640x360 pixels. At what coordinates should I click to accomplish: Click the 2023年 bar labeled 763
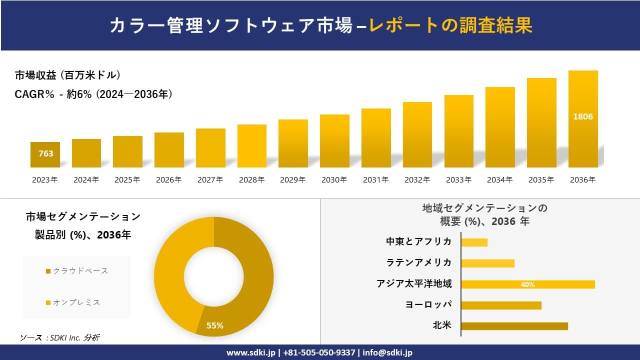point(45,154)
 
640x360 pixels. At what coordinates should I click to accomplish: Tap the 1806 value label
point(583,116)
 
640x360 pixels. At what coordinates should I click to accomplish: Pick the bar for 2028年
point(252,146)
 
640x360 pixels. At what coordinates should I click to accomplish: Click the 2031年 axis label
point(375,180)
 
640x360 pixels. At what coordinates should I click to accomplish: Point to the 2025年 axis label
point(127,180)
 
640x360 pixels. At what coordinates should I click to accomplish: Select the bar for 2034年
point(500,127)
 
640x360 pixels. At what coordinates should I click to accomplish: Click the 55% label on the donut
point(215,325)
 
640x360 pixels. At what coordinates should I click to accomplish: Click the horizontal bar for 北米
point(514,326)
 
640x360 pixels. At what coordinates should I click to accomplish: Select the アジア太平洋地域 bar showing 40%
point(527,284)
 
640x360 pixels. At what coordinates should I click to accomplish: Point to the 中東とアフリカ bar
point(474,242)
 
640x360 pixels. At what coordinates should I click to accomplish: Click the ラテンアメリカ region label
point(419,262)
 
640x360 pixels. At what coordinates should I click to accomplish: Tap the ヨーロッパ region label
point(428,304)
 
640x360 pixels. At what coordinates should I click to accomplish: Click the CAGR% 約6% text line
point(93,94)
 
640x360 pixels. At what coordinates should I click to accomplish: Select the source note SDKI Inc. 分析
point(60,337)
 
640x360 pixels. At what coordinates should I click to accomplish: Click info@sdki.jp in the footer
point(387,352)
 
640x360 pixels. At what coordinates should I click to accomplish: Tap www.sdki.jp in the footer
point(252,352)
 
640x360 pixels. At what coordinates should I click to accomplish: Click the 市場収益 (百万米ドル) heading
point(67,75)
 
